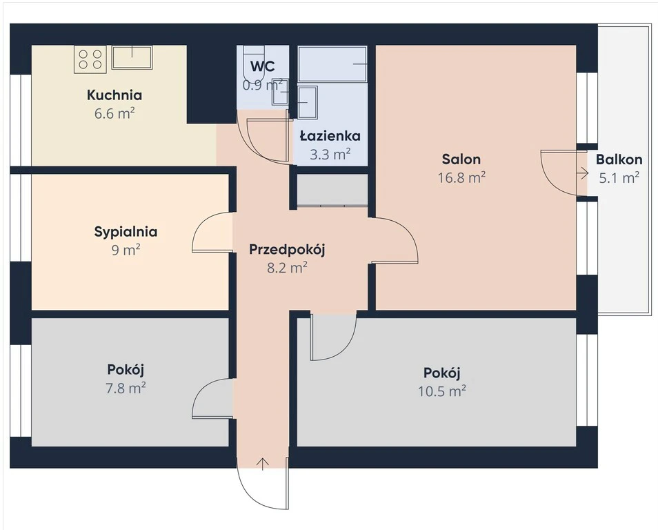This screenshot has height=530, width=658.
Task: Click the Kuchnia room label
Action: (x=114, y=95)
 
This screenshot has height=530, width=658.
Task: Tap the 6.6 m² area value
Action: (x=114, y=113)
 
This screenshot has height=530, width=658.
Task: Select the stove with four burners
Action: (x=90, y=59)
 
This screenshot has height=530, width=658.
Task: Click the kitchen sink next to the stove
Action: (x=132, y=57)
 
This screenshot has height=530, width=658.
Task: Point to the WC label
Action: (x=263, y=66)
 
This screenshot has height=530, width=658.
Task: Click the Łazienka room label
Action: (x=330, y=136)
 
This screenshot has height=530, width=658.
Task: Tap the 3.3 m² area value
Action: (x=330, y=155)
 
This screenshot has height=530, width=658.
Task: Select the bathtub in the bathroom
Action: (x=332, y=64)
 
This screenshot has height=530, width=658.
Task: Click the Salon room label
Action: (x=461, y=159)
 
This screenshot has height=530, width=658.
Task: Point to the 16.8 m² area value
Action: (x=461, y=177)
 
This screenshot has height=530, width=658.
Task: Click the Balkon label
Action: (x=619, y=159)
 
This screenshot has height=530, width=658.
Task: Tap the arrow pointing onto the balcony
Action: (x=583, y=173)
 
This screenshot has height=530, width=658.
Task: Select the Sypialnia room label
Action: (x=126, y=232)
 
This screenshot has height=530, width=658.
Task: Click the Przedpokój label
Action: (x=287, y=249)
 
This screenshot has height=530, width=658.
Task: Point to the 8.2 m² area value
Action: (x=287, y=268)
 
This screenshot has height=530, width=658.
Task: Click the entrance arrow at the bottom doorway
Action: (x=263, y=464)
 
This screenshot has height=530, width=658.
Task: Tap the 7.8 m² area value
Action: (x=126, y=388)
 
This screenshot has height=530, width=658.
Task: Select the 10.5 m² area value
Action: (x=442, y=391)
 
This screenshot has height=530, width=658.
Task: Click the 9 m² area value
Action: (x=126, y=251)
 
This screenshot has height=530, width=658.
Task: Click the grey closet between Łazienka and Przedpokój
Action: (x=332, y=190)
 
